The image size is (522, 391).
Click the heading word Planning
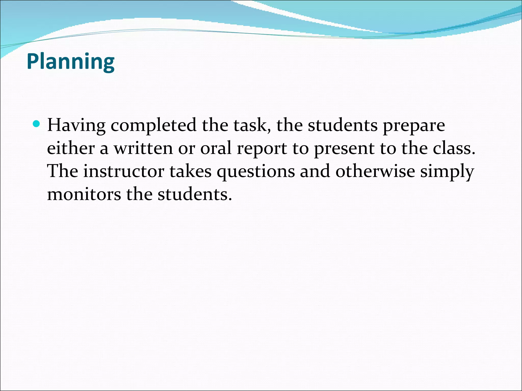tap(71, 62)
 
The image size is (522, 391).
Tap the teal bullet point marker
tap(37, 124)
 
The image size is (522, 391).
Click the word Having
tap(76, 125)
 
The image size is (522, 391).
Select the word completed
tap(153, 125)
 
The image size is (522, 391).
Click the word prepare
tap(414, 125)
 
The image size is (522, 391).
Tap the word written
tap(143, 148)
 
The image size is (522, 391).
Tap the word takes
tap(190, 171)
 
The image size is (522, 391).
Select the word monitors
tap(84, 194)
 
